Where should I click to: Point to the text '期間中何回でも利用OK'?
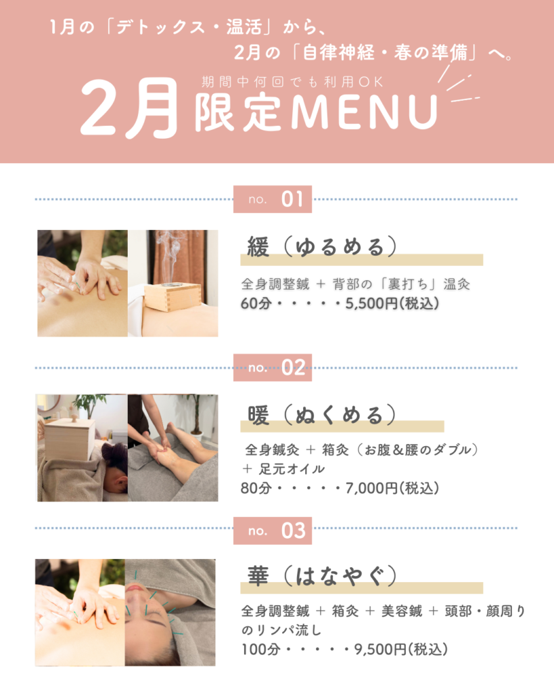coord(292,82)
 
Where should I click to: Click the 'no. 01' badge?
coord(273,200)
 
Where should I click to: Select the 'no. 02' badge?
coord(273,367)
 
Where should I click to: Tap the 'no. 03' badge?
coord(273,531)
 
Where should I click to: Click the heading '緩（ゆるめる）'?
coord(322,246)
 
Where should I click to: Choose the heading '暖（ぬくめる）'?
coord(322,415)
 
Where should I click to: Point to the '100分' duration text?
coord(260,650)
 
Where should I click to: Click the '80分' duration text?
coord(256,489)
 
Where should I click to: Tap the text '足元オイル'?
coord(292,469)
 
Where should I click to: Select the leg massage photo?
coord(172,448)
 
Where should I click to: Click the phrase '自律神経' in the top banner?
coord(338,53)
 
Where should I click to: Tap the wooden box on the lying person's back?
coord(70,439)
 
